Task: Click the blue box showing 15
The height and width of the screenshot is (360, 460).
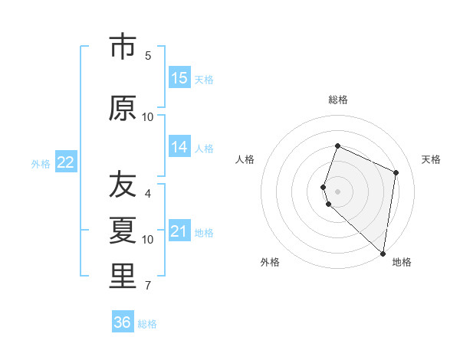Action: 179,78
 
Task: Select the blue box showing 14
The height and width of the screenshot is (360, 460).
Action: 179,147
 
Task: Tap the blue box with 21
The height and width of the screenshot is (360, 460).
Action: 179,231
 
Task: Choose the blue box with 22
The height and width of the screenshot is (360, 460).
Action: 66,162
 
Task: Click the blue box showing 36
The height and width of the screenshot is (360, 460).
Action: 123,322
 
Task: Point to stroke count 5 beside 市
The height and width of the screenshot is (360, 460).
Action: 148,55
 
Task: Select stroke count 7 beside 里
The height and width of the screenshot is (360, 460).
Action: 148,286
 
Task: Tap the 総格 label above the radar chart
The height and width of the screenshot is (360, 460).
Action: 337,100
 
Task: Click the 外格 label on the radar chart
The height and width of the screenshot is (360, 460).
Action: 270,262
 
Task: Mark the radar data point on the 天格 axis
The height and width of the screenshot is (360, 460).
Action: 396,172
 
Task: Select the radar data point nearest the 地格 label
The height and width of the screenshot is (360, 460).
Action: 383,254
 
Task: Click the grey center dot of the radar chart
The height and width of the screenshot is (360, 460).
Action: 337,191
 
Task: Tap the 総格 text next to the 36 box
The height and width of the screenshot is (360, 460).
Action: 147,324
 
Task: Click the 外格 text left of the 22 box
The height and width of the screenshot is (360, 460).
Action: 41,163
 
